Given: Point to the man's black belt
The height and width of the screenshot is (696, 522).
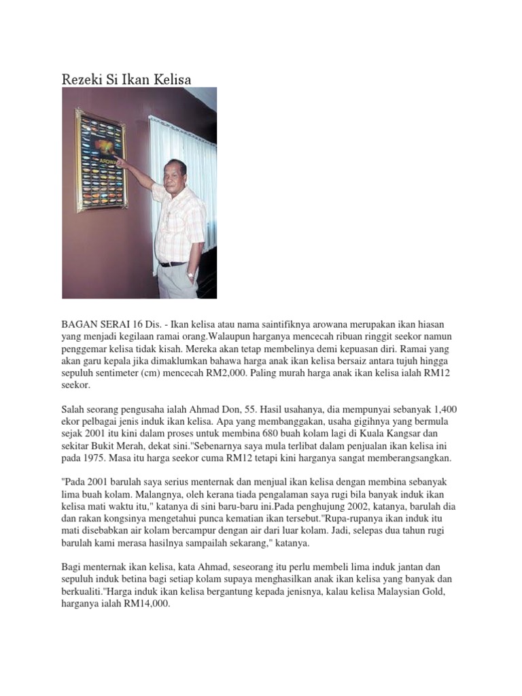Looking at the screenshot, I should tap(173, 264).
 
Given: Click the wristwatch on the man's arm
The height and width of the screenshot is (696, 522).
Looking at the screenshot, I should tap(190, 276).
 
